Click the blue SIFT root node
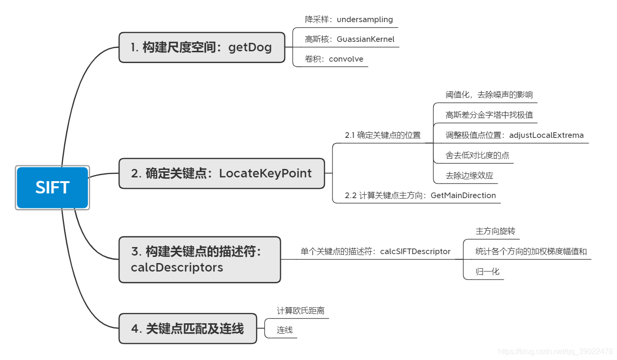click(52, 188)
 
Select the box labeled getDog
click(202, 48)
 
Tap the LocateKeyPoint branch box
click(221, 173)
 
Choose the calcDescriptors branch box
click(199, 259)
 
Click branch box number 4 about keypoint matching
click(188, 328)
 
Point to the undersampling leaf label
click(348, 20)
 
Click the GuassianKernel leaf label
click(349, 39)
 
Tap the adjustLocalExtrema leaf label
click(514, 135)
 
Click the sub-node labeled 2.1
click(382, 135)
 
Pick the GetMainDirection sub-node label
click(420, 195)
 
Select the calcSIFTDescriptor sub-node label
click(375, 251)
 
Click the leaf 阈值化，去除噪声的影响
click(489, 95)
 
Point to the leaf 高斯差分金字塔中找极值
click(489, 115)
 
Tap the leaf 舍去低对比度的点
click(477, 155)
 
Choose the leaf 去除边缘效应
click(469, 176)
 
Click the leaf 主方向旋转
click(495, 231)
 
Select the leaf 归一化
click(487, 272)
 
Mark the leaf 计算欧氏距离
click(301, 311)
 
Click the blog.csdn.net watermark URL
click(555, 352)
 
